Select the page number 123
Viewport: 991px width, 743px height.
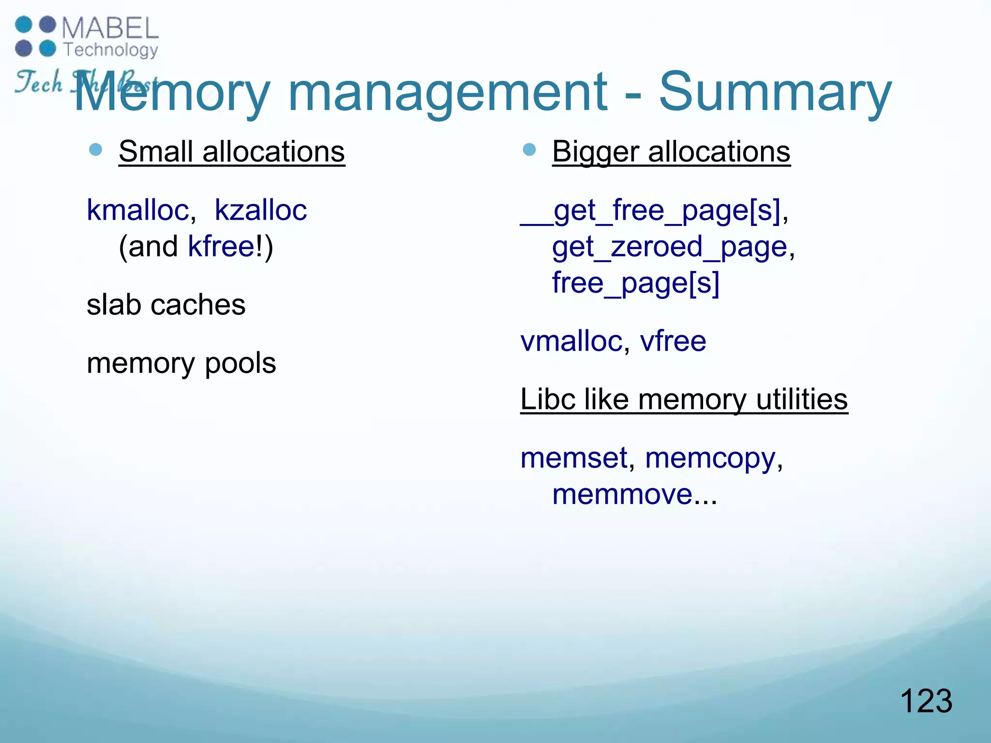click(926, 701)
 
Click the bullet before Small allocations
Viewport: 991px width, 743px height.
click(96, 150)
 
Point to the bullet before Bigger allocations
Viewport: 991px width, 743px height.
click(529, 150)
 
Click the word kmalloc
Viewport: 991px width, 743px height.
click(138, 210)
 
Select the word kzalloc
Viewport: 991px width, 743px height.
click(260, 210)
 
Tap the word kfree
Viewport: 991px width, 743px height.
click(221, 247)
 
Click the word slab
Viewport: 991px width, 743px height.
click(114, 305)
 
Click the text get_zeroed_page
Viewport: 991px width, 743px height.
click(670, 247)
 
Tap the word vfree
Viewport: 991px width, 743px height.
click(673, 341)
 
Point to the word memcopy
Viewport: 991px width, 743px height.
click(710, 459)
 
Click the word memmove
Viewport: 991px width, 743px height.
click(623, 494)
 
